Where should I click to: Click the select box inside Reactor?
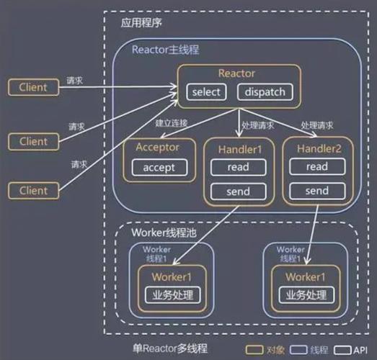206,92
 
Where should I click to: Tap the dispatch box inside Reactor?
265,92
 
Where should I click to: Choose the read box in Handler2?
316,167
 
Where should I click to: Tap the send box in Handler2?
316,192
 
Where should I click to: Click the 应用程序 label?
141,23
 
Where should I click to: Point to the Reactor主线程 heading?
165,50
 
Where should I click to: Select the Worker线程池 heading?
164,233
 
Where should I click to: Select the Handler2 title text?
316,147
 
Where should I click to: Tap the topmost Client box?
32,87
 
